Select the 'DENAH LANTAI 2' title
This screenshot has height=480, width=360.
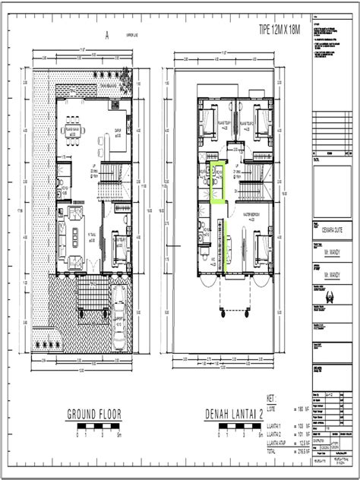click(x=232, y=413)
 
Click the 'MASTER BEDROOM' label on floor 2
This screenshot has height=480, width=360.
click(x=247, y=214)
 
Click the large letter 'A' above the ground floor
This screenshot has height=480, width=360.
click(x=108, y=33)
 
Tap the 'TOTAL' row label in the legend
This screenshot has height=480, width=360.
click(x=271, y=450)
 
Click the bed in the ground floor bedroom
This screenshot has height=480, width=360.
click(x=120, y=245)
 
